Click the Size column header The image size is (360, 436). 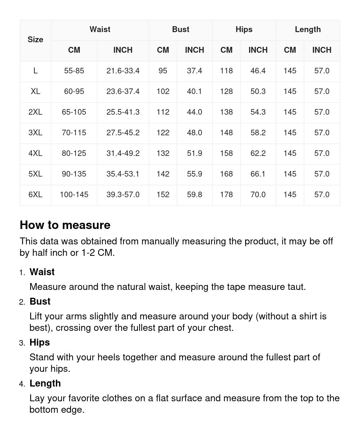click(35, 40)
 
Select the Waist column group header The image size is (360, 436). click(100, 29)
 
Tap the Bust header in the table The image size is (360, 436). click(181, 29)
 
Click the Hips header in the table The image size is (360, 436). click(244, 29)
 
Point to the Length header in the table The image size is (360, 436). click(308, 29)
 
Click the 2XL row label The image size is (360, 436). click(35, 112)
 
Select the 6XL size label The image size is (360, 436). click(35, 195)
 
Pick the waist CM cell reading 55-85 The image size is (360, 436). click(74, 71)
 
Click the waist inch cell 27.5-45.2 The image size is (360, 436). click(123, 133)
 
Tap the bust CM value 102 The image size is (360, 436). click(163, 91)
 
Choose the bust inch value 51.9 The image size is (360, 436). click(194, 153)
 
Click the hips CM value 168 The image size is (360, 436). click(226, 174)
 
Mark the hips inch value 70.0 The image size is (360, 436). click(258, 195)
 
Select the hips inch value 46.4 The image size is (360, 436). click(258, 71)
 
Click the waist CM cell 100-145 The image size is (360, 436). click(74, 195)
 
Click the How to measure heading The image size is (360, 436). click(65, 225)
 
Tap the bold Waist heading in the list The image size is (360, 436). click(42, 272)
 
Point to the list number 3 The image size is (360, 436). click(22, 343)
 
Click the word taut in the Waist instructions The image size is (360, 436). click(296, 287)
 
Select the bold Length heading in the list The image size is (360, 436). click(45, 383)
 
